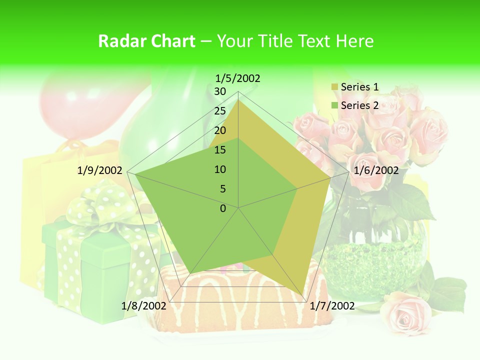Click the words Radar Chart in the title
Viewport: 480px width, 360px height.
pyautogui.click(x=146, y=41)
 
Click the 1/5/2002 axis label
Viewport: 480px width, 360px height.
pyautogui.click(x=237, y=78)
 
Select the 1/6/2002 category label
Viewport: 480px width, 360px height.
pyautogui.click(x=376, y=170)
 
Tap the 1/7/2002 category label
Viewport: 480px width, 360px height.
pyautogui.click(x=332, y=305)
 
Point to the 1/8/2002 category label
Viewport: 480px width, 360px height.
pyautogui.click(x=144, y=305)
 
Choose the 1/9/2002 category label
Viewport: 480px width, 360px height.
pyautogui.click(x=100, y=170)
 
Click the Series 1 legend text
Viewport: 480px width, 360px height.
pyautogui.click(x=359, y=87)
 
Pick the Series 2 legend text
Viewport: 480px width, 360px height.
pyautogui.click(x=359, y=105)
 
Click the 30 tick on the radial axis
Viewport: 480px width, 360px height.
pyautogui.click(x=220, y=91)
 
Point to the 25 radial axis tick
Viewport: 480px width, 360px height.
pyautogui.click(x=220, y=111)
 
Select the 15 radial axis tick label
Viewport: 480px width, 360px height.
pyautogui.click(x=220, y=150)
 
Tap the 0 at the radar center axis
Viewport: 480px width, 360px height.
pyautogui.click(x=223, y=208)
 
